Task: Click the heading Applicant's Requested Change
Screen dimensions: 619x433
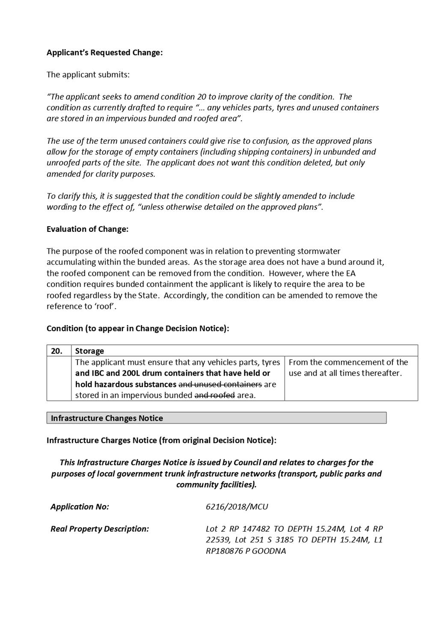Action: [x=104, y=53]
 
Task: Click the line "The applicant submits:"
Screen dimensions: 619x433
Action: [x=88, y=74]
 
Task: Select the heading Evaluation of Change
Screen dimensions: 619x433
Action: [x=87, y=229]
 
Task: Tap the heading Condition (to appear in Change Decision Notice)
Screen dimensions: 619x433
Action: [x=138, y=328]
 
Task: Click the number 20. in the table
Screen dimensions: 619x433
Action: [x=56, y=351]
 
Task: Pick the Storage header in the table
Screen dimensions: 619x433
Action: [x=89, y=351]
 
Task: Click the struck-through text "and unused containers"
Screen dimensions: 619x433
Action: [x=220, y=384]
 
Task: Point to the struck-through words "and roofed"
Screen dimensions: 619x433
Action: [x=214, y=395]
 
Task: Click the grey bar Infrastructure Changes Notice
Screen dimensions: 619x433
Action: [x=107, y=418]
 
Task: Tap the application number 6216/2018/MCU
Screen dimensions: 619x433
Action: [x=237, y=506]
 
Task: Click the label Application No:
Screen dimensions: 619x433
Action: [x=80, y=506]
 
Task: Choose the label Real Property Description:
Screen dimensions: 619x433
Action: [x=100, y=529]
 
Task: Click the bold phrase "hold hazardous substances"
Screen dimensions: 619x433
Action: [x=125, y=384]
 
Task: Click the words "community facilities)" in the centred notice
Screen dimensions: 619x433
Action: [x=215, y=485]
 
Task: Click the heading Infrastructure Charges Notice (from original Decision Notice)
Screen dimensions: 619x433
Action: [x=161, y=440]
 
